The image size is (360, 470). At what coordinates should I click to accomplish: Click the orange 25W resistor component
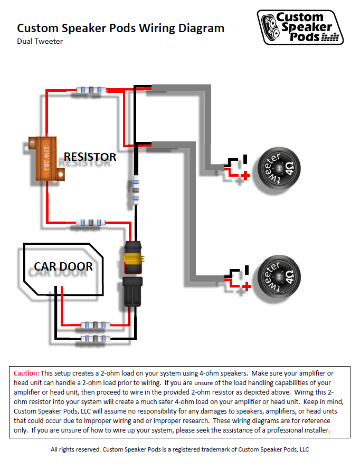coord(46,159)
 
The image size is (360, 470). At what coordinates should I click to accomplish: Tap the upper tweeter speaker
coord(279,168)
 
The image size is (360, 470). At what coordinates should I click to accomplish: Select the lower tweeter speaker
coord(279,276)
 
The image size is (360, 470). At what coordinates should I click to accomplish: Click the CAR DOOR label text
coord(63,266)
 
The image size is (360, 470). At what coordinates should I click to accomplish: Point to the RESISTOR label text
coord(90,157)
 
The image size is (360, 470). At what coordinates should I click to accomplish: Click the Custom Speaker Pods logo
coord(300,27)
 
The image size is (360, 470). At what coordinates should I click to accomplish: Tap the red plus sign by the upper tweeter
coord(245,176)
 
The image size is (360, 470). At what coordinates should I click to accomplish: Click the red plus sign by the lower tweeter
coord(247,286)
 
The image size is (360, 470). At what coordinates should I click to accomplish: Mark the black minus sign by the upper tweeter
coord(245,159)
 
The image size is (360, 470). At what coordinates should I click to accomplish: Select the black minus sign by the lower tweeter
coord(247,270)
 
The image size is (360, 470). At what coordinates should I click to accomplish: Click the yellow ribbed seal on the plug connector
coord(133,258)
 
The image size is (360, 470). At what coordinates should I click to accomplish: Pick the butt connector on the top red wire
coord(91,90)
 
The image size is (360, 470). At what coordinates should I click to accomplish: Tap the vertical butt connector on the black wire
coord(136,190)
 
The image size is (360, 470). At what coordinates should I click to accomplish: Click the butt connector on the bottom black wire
coord(96,339)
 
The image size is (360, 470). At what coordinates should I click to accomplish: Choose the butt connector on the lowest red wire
coord(96,325)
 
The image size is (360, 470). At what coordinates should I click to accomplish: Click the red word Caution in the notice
coord(26,373)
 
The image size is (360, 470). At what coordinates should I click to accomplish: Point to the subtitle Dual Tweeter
coord(40,41)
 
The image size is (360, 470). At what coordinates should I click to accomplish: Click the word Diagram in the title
coord(201,28)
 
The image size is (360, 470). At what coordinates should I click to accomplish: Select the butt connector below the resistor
coord(91,223)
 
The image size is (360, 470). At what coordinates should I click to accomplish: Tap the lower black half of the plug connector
coord(133,292)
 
